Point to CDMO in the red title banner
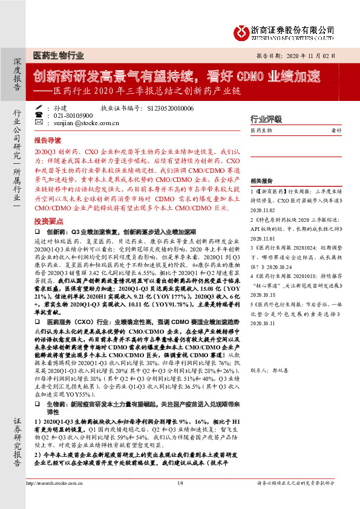(x=248, y=77)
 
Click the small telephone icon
(x=39, y=115)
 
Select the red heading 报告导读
(x=48, y=138)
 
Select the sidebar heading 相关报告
(x=262, y=180)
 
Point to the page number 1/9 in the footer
(x=180, y=500)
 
